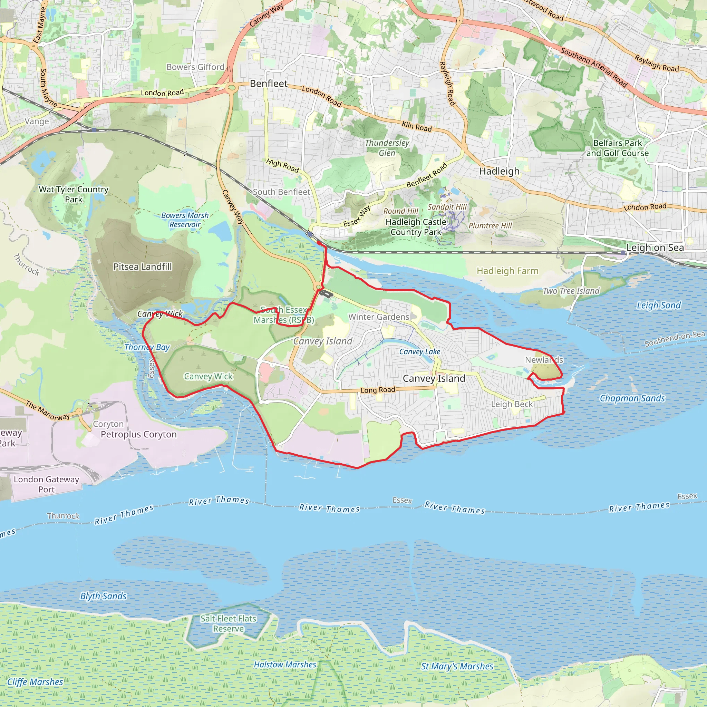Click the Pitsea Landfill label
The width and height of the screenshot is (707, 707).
point(142,267)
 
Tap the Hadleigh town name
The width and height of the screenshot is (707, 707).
point(499,171)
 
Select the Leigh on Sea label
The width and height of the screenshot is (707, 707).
point(655,248)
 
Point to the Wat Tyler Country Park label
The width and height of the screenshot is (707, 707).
point(74,194)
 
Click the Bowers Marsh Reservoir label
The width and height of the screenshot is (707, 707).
point(185,220)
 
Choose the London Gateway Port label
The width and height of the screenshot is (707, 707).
point(47,484)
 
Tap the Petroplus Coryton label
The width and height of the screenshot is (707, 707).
point(139,434)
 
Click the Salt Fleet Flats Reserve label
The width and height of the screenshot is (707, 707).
point(228,623)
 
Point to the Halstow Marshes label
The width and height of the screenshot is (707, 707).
point(285,664)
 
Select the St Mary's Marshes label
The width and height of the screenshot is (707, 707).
point(457,666)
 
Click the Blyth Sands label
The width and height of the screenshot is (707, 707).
point(103,596)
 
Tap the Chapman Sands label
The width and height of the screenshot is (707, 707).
point(632,398)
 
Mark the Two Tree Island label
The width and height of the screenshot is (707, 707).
point(571,291)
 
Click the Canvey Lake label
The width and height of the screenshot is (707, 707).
point(420,352)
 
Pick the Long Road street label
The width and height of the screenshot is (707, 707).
point(378,390)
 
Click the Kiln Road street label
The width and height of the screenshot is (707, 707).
point(416,126)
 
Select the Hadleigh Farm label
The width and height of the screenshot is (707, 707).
point(507,271)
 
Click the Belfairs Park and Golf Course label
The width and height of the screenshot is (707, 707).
point(617,148)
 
